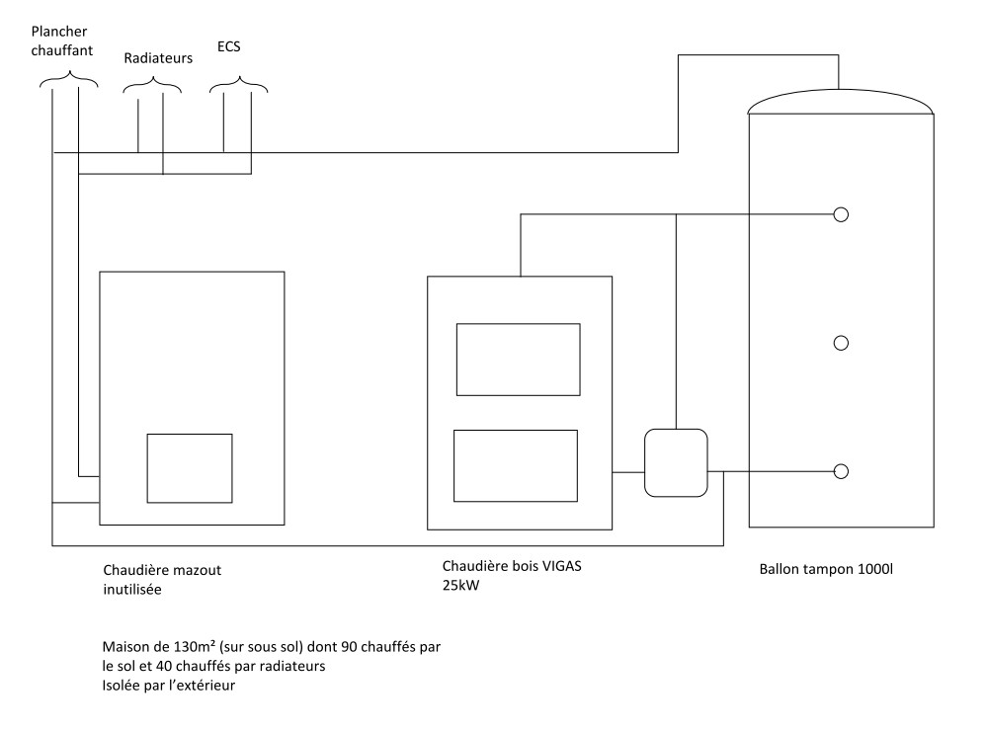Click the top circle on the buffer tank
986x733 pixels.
(841, 214)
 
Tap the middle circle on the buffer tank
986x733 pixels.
(841, 343)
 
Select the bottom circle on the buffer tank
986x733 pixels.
(841, 471)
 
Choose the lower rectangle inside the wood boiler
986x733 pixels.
(515, 465)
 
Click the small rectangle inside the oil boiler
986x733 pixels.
(190, 467)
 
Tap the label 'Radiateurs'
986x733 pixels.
(158, 58)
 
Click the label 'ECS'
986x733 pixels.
(229, 45)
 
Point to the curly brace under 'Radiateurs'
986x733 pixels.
(153, 87)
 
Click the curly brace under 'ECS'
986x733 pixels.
(238, 87)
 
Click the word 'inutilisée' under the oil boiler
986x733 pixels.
(131, 590)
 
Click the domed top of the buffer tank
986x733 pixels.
(841, 102)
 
